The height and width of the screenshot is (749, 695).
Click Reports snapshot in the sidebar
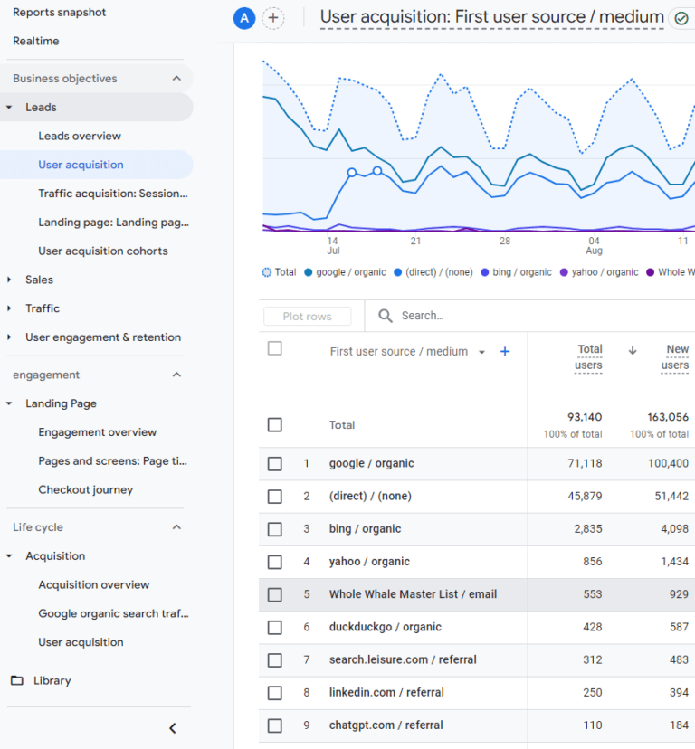pyautogui.click(x=59, y=13)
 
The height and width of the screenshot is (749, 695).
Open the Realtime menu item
pyautogui.click(x=36, y=41)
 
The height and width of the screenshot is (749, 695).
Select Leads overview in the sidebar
pyautogui.click(x=80, y=136)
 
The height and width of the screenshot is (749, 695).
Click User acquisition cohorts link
pyautogui.click(x=102, y=251)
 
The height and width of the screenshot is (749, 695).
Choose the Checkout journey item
pyautogui.click(x=85, y=489)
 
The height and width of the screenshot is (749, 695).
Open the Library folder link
pyautogui.click(x=52, y=680)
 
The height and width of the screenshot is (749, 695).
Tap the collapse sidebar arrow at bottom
pyautogui.click(x=173, y=728)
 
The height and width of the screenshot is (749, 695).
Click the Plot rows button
pyautogui.click(x=307, y=316)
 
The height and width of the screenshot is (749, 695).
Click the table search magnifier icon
pyautogui.click(x=386, y=316)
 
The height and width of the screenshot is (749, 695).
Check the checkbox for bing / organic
pyautogui.click(x=275, y=529)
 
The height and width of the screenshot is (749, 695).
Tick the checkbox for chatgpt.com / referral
pyautogui.click(x=275, y=725)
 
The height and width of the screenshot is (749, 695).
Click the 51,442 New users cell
pyautogui.click(x=669, y=497)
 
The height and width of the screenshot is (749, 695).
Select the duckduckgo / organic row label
pyautogui.click(x=386, y=627)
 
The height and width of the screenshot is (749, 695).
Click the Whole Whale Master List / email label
pyautogui.click(x=413, y=594)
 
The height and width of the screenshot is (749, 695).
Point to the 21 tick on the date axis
pyautogui.click(x=415, y=242)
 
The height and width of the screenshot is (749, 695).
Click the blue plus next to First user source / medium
pyautogui.click(x=505, y=351)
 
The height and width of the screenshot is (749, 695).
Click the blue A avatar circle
pyautogui.click(x=244, y=18)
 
